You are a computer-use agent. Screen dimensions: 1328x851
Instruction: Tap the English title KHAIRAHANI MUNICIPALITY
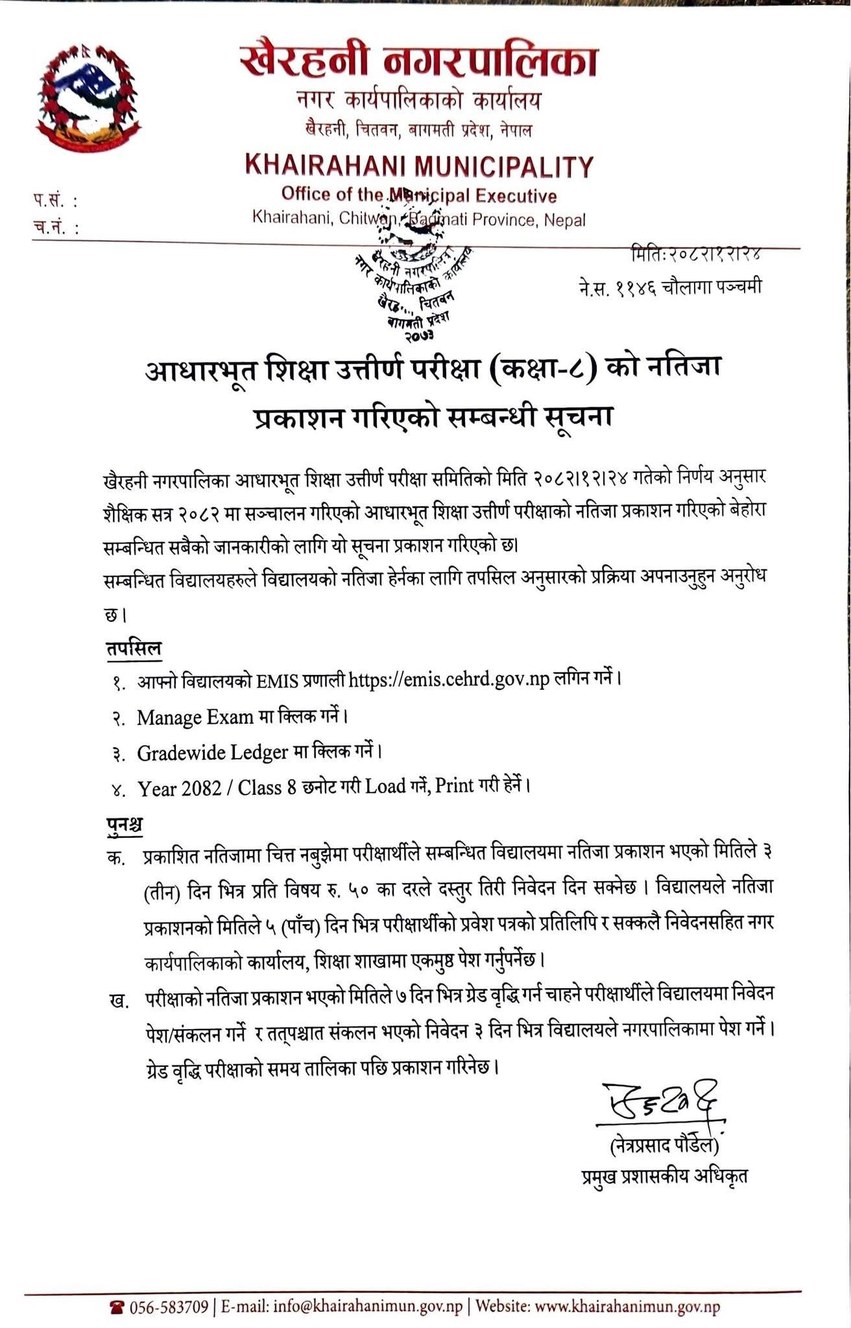coord(419,167)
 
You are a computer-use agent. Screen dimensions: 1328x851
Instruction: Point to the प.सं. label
coord(55,201)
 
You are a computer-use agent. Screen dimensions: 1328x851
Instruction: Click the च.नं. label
coord(55,228)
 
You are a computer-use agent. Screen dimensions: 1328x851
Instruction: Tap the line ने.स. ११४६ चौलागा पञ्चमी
coord(670,287)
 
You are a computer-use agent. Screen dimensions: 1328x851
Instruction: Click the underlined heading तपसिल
coord(134,648)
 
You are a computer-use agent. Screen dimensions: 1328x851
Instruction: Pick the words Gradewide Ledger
coord(212,753)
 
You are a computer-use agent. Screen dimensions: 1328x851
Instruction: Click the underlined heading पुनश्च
coord(124,825)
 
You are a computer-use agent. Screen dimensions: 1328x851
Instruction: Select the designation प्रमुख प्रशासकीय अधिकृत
coord(665,1176)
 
